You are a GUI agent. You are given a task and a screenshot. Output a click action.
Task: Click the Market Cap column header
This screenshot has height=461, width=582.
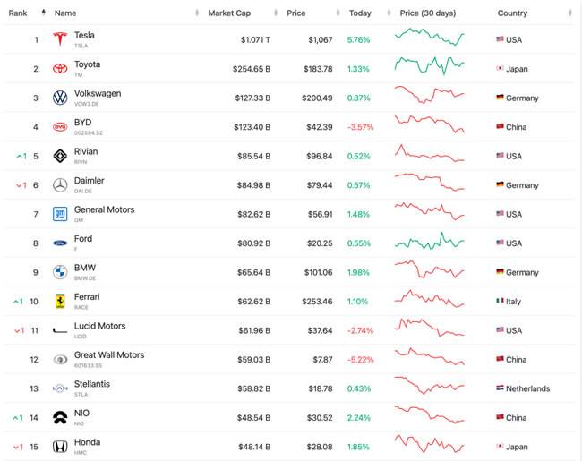228,13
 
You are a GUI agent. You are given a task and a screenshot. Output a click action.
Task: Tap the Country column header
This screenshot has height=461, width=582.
512,13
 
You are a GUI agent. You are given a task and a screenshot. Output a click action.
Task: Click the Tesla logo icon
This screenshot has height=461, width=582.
60,39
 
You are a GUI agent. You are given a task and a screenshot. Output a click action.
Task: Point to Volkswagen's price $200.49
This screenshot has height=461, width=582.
316,98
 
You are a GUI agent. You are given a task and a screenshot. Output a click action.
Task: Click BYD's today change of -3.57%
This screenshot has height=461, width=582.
359,127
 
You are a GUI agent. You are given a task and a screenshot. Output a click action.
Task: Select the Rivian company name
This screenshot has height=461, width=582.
86,151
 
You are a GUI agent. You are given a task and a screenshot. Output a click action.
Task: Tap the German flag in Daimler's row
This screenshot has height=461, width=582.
500,185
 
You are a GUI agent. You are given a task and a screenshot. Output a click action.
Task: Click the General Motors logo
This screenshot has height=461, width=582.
60,214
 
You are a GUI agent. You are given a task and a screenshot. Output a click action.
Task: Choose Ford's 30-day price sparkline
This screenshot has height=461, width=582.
429,242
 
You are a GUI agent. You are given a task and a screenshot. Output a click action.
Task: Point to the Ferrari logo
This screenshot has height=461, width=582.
60,302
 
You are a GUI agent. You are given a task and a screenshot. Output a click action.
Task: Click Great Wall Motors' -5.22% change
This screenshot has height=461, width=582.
359,360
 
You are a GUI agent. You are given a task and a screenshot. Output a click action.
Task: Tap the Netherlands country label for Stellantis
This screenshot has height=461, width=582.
528,388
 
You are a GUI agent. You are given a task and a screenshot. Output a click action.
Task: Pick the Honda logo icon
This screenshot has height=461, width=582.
60,447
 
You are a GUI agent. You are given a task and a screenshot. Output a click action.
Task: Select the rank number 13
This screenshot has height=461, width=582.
35,388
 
